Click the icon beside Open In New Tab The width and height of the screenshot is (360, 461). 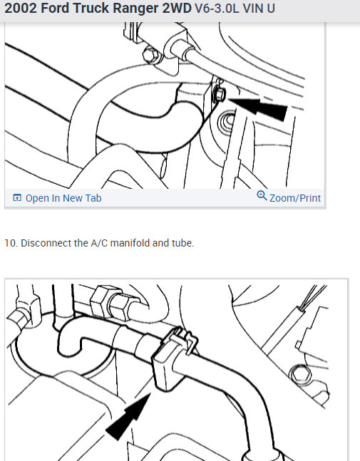tap(17, 198)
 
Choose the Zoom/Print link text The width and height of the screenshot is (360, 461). tap(294, 198)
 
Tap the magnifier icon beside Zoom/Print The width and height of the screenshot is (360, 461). tap(262, 197)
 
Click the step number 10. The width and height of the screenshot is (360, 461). tap(10, 243)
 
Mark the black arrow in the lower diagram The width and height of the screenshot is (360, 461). tap(128, 418)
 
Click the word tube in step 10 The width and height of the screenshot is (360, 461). tap(182, 243)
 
